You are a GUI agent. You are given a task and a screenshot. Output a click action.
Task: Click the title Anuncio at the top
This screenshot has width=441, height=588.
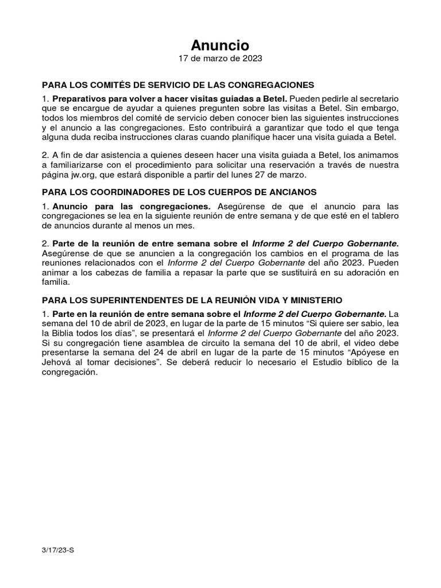tap(220, 45)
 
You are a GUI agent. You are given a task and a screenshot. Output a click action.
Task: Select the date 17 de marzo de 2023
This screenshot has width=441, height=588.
tap(220, 59)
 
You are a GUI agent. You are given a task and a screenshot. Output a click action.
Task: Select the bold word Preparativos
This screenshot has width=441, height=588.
tap(83, 99)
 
